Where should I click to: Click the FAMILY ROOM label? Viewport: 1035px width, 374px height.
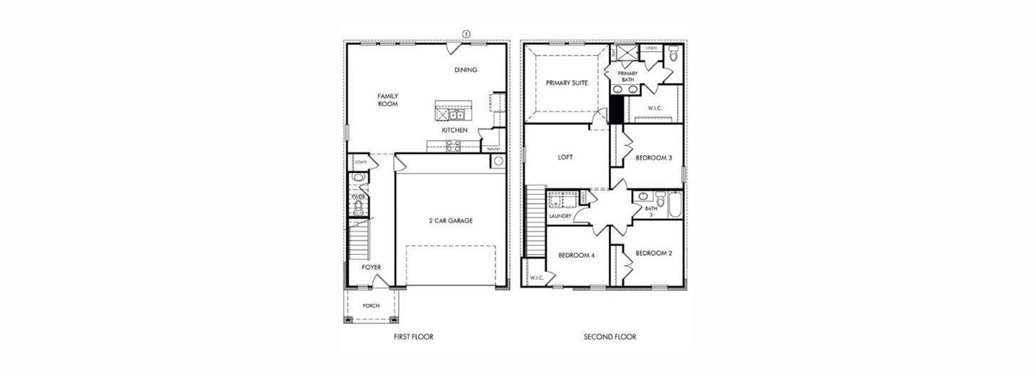pyautogui.click(x=387, y=100)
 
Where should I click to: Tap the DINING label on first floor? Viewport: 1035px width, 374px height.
pyautogui.click(x=465, y=70)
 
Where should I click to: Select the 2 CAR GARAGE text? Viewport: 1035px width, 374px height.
pyautogui.click(x=450, y=221)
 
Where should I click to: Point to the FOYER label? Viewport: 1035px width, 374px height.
pyautogui.click(x=371, y=267)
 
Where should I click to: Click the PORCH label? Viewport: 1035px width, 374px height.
pyautogui.click(x=371, y=306)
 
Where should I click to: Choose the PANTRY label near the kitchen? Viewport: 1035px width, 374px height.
pyautogui.click(x=493, y=149)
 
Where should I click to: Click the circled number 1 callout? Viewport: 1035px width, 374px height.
pyautogui.click(x=465, y=34)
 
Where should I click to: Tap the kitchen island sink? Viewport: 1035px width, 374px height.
pyautogui.click(x=450, y=115)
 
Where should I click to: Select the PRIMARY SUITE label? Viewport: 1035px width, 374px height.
pyautogui.click(x=566, y=83)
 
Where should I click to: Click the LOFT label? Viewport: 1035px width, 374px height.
pyautogui.click(x=565, y=157)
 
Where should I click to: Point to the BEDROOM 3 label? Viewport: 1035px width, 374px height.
pyautogui.click(x=653, y=158)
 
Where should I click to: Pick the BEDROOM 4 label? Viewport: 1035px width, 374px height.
pyautogui.click(x=576, y=255)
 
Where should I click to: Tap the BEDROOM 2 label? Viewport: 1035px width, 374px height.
pyautogui.click(x=653, y=253)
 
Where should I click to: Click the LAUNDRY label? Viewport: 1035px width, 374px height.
pyautogui.click(x=560, y=216)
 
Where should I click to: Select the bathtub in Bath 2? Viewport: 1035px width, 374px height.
pyautogui.click(x=674, y=205)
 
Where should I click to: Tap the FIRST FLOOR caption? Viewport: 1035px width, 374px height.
pyautogui.click(x=413, y=337)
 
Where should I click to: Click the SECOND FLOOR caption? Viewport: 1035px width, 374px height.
pyautogui.click(x=610, y=337)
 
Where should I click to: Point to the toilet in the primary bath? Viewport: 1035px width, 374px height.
pyautogui.click(x=673, y=55)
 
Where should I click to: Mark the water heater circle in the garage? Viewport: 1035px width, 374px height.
pyautogui.click(x=498, y=161)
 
